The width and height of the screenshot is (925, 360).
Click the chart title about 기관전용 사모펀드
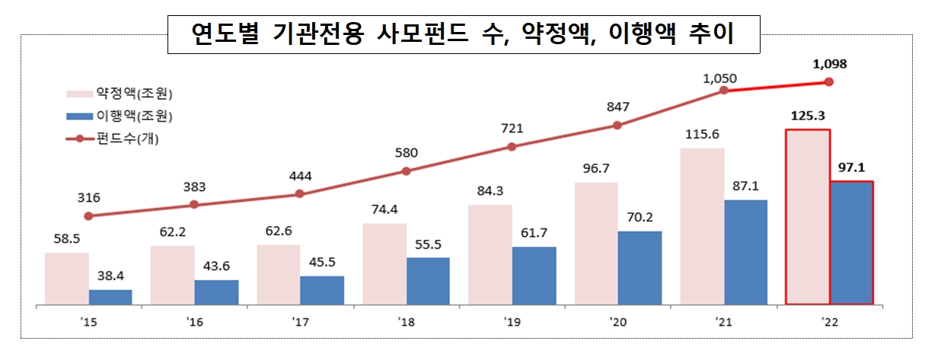pos(462,34)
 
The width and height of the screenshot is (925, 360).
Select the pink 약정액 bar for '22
pos(808,217)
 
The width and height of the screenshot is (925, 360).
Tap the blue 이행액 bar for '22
pos(851,243)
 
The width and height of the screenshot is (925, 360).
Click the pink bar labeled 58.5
pos(67,279)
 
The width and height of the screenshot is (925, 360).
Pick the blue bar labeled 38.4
pos(110,297)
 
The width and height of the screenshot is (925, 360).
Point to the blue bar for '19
pos(534,276)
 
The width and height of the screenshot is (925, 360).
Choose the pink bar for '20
pos(596,244)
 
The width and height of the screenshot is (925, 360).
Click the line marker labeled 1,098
pos(830,81)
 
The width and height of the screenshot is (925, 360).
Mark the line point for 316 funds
pos(89,215)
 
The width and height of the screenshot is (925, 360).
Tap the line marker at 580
pos(406,170)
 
